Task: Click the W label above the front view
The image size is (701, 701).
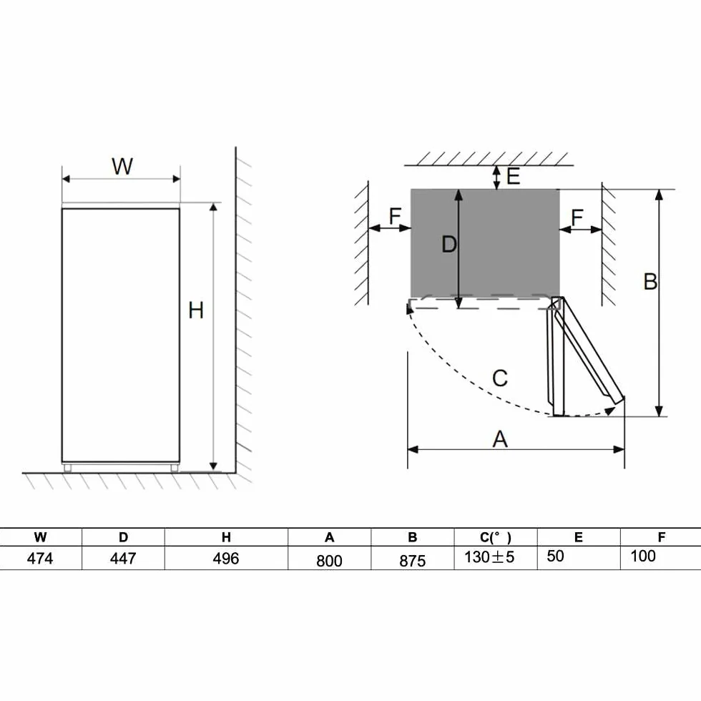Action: coord(122,166)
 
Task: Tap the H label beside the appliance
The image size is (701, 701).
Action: coord(196,310)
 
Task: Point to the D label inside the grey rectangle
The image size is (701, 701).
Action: coord(449,245)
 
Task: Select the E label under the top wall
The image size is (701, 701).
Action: coord(514,176)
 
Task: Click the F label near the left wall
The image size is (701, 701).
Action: coord(395,216)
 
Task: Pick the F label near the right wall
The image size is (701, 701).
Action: coord(577,217)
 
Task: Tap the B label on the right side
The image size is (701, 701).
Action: coord(650,282)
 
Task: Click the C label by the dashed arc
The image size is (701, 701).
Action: coord(500,378)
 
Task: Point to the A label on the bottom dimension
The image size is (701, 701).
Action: coord(500,439)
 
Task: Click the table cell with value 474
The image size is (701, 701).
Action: coord(40,559)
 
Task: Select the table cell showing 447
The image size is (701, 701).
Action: coord(123,559)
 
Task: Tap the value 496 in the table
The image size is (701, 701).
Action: coord(226,559)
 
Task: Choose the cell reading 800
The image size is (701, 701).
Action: coord(329,561)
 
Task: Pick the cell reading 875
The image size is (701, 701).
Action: coord(412,561)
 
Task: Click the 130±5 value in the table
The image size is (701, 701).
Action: coord(489,557)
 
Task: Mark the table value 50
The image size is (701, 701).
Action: coord(555,557)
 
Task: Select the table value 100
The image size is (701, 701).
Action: coord(643,557)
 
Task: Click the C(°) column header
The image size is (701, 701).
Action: coord(495,537)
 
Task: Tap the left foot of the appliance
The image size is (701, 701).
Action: coord(67,468)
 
